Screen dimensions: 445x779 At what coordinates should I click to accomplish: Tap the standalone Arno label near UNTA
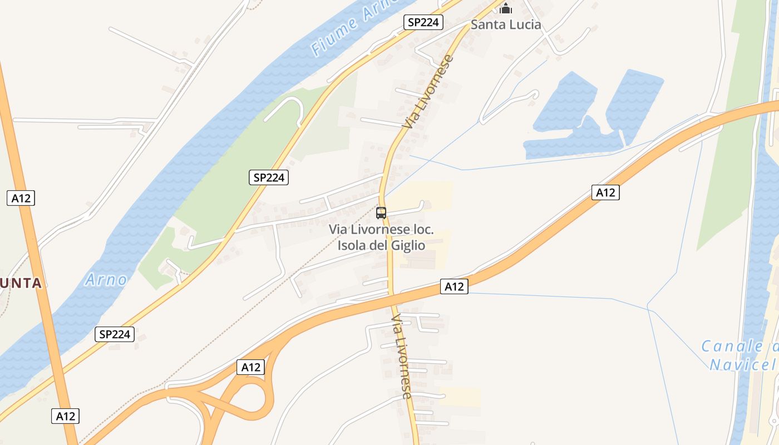click(106, 279)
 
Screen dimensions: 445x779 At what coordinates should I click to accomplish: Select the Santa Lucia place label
click(506, 24)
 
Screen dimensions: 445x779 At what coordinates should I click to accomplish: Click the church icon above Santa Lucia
click(506, 8)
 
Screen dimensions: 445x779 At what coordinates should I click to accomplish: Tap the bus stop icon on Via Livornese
click(381, 212)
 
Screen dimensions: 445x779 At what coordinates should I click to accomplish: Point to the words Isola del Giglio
click(381, 245)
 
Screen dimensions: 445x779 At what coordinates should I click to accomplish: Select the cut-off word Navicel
click(743, 365)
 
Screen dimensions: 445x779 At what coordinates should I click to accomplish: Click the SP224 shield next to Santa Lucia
click(423, 22)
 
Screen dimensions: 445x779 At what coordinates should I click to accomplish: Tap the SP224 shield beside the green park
click(268, 178)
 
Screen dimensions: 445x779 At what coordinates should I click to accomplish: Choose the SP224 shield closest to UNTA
click(115, 334)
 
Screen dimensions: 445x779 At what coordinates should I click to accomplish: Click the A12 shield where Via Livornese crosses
click(454, 286)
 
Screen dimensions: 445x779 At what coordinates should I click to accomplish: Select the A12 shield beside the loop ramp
click(250, 367)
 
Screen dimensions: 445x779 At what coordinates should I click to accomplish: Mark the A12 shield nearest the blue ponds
click(605, 192)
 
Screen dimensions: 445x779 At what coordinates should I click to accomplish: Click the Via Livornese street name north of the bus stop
click(428, 92)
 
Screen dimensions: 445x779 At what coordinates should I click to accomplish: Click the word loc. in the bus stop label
click(422, 230)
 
